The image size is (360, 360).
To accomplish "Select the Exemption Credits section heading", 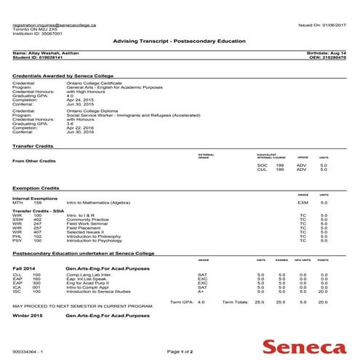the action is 37,188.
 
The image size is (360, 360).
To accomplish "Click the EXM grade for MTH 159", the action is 303,202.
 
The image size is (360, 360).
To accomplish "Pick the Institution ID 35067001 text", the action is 38,33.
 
